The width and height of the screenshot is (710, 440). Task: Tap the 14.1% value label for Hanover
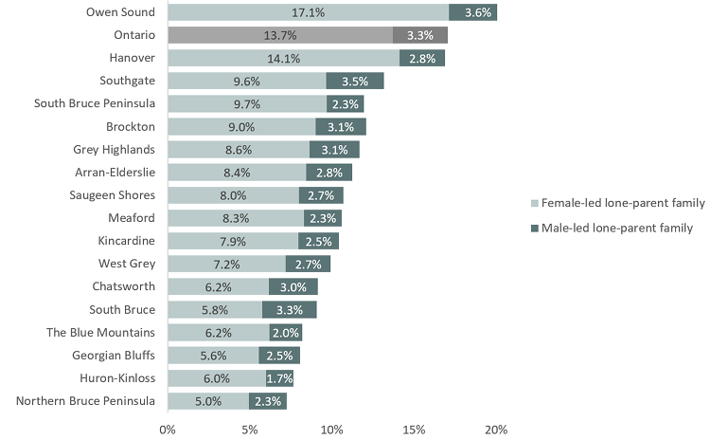point(284,58)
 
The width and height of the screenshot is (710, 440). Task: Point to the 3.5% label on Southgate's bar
point(355,81)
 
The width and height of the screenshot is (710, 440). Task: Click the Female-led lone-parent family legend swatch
point(535,203)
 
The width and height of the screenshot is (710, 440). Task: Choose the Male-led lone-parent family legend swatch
point(535,228)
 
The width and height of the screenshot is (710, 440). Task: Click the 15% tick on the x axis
point(414,430)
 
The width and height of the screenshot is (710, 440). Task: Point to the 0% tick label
point(168,430)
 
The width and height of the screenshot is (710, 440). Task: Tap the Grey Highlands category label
point(114,149)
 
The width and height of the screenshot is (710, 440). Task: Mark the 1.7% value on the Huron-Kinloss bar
point(280,377)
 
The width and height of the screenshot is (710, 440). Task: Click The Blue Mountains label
point(100,332)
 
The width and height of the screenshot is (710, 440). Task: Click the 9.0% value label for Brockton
point(241,126)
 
